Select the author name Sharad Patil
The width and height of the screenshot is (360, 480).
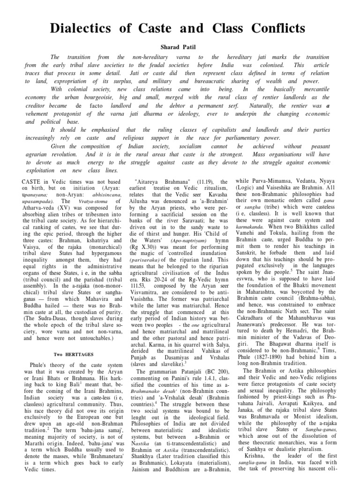pyautogui.click(x=180, y=47)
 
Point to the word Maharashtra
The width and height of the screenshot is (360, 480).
pyautogui.click(x=268, y=297)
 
